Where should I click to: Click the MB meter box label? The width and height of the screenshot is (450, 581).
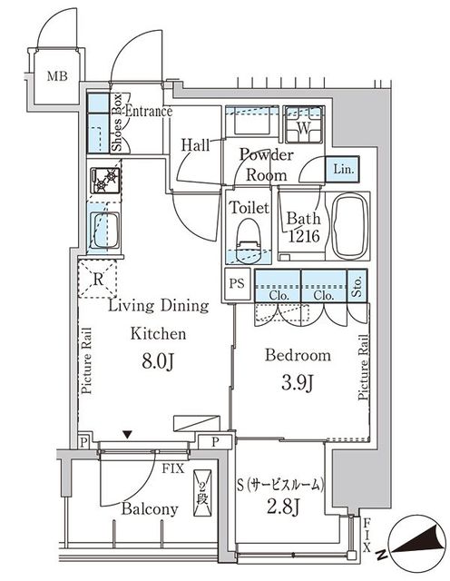click(x=57, y=76)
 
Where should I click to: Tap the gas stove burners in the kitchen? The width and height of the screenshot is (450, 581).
click(x=105, y=181)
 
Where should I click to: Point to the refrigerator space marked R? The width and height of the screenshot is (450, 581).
click(x=97, y=279)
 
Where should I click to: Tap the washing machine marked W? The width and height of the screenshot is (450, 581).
click(x=304, y=125)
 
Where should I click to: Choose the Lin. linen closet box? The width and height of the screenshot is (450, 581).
click(x=343, y=170)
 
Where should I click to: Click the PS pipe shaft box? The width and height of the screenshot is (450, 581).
click(x=238, y=284)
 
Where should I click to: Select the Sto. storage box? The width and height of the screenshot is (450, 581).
click(x=357, y=287)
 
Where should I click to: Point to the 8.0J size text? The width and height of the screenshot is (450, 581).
click(x=158, y=362)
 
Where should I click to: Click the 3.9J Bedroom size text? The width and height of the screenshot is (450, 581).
click(x=298, y=383)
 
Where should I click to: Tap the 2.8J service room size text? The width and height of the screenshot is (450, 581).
click(x=283, y=507)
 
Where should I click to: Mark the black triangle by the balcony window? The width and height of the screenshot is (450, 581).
click(x=127, y=434)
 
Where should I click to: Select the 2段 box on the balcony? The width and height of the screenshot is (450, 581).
click(x=202, y=493)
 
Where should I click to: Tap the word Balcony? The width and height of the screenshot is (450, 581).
click(x=150, y=509)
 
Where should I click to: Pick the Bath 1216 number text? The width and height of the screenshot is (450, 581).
click(x=304, y=236)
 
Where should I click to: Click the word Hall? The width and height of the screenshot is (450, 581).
click(x=196, y=145)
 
